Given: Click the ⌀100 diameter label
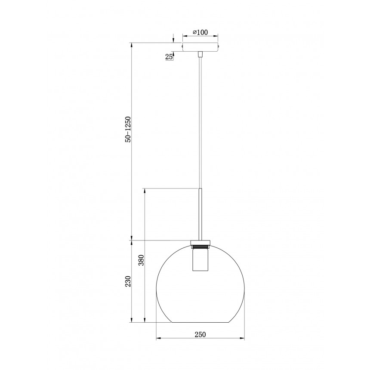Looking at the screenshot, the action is [x=200, y=32].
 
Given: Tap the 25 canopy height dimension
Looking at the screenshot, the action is [x=169, y=57].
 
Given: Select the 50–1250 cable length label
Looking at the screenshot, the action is [x=128, y=129].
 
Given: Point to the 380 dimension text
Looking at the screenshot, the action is [x=141, y=260].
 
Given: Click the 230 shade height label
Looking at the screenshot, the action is [x=128, y=281].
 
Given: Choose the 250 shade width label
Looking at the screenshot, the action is [x=200, y=334].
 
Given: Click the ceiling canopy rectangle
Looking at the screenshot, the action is [x=200, y=47].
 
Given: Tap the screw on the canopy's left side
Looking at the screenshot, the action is [x=182, y=47].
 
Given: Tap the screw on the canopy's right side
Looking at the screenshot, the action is [x=219, y=47].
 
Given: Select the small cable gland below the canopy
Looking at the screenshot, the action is [x=200, y=54].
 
